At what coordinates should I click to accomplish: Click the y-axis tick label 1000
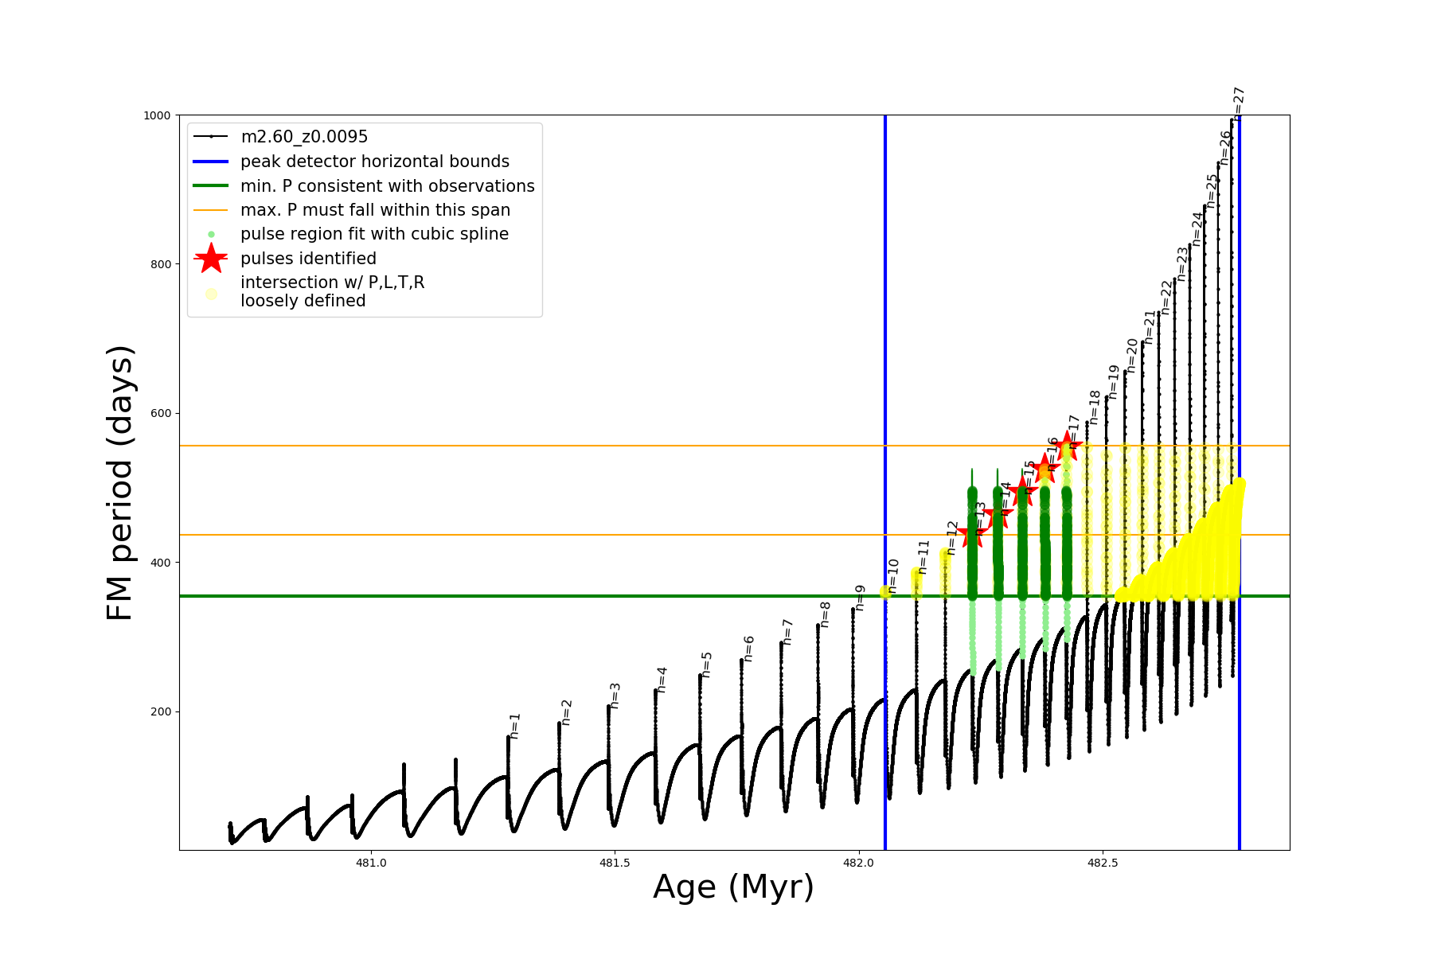pyautogui.click(x=157, y=115)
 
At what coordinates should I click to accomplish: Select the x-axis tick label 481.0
pyautogui.click(x=371, y=863)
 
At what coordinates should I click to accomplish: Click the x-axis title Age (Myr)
pyautogui.click(x=733, y=887)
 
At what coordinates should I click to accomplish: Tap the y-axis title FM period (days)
pyautogui.click(x=119, y=482)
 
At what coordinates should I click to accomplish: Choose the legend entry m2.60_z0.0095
pyautogui.click(x=304, y=137)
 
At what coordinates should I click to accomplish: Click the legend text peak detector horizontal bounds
pyautogui.click(x=374, y=162)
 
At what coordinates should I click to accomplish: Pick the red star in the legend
pyautogui.click(x=211, y=258)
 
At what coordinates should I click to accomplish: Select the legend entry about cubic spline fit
pyautogui.click(x=374, y=234)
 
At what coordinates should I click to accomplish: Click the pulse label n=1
pyautogui.click(x=515, y=726)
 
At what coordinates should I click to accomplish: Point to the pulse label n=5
pyautogui.click(x=707, y=665)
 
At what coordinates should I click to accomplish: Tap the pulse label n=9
pyautogui.click(x=860, y=598)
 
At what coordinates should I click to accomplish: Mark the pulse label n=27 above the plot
pyautogui.click(x=1239, y=101)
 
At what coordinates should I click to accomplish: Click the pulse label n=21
pyautogui.click(x=1150, y=327)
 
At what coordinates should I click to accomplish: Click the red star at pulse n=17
pyautogui.click(x=1068, y=445)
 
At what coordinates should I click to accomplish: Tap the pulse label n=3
pyautogui.click(x=615, y=696)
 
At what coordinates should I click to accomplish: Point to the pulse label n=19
pyautogui.click(x=1114, y=381)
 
